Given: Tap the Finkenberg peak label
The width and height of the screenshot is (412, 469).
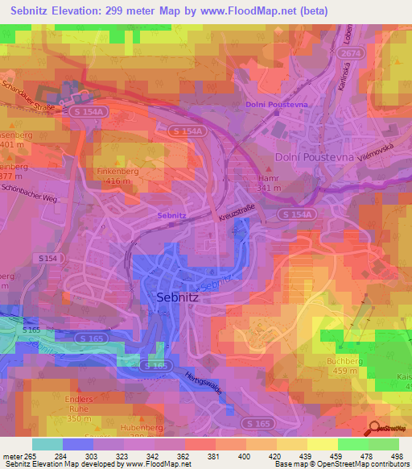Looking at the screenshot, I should pyautogui.click(x=120, y=172).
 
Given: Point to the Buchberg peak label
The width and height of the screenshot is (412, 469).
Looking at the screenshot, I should pyautogui.click(x=347, y=362).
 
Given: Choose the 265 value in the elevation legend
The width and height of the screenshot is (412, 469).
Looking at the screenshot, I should pyautogui.click(x=31, y=456).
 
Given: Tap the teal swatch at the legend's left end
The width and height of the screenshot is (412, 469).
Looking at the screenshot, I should pyautogui.click(x=47, y=444).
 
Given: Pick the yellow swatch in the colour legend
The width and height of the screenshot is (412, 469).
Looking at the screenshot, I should pyautogui.click(x=323, y=444).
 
